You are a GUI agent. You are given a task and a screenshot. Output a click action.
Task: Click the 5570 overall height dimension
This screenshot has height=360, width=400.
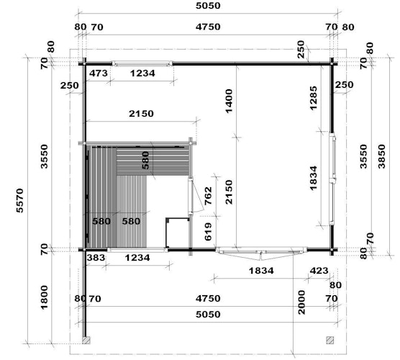[x=19, y=200]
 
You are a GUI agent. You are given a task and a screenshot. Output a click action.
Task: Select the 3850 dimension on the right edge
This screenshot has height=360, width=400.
[x=382, y=156]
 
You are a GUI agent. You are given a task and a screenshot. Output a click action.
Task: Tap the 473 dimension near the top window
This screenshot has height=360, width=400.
[x=99, y=73]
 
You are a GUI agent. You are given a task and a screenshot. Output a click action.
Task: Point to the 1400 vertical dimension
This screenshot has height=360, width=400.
[x=229, y=101]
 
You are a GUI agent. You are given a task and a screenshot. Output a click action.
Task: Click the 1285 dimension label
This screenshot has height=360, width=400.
[x=313, y=98]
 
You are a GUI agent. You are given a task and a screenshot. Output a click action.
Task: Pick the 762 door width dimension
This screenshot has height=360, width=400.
[x=208, y=196]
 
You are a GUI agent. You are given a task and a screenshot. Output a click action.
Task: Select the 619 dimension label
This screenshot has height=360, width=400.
[x=208, y=232]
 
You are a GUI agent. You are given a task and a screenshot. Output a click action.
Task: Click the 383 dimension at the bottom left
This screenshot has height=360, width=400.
[x=96, y=257]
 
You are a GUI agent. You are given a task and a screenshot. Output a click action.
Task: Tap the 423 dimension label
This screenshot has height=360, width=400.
[x=319, y=271]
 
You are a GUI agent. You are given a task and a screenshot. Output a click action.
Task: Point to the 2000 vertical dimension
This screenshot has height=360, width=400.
[x=301, y=302]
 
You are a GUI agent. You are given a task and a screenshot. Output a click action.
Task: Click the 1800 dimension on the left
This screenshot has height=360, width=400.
[x=44, y=297]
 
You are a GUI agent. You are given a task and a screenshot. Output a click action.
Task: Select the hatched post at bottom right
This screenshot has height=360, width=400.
[x=330, y=340]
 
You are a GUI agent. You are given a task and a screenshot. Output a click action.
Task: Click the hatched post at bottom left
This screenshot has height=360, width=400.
[x=86, y=340]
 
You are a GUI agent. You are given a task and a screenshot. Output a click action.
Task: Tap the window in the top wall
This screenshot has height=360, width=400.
[x=142, y=63]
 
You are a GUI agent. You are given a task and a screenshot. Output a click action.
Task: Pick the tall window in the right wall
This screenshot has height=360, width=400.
[x=332, y=179]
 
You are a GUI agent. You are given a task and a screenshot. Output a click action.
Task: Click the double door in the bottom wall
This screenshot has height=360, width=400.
[x=261, y=251]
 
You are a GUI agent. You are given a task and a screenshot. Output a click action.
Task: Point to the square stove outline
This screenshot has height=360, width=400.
[x=177, y=233]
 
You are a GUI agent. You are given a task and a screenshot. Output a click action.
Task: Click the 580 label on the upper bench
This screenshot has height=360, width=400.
[x=145, y=161]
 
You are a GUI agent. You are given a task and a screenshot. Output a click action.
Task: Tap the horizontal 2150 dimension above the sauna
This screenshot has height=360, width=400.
[x=141, y=113]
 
